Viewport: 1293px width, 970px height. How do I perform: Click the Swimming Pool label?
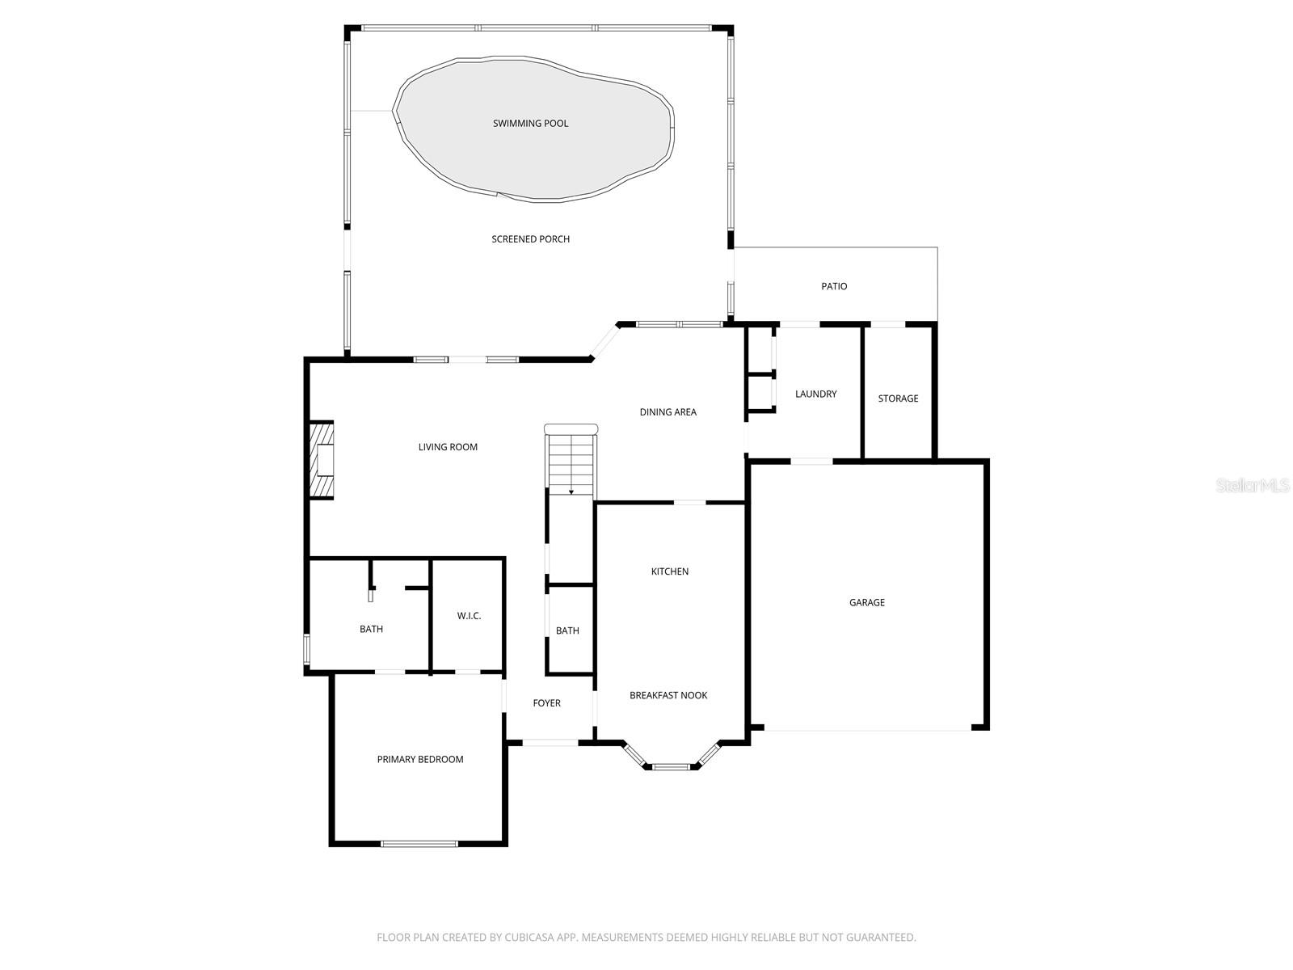(530, 124)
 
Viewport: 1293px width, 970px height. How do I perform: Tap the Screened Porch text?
(530, 239)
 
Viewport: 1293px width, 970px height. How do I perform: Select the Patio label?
(834, 286)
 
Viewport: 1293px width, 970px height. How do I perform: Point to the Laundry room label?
(815, 394)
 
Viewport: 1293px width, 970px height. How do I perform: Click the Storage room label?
(898, 399)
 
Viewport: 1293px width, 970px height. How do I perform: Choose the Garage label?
(866, 602)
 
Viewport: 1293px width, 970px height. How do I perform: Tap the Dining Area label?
(668, 412)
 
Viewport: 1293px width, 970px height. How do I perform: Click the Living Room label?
(448, 447)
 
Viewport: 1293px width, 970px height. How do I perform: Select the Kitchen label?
(670, 571)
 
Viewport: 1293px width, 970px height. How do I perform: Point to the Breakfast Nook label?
(668, 695)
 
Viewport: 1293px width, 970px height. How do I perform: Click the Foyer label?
(546, 703)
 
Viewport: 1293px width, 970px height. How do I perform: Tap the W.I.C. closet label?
(469, 616)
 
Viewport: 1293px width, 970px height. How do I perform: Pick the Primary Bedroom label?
(420, 760)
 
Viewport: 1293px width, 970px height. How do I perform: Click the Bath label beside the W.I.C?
(371, 629)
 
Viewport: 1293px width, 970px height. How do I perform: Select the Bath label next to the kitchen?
(567, 630)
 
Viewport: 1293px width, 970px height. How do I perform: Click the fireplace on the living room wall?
(322, 460)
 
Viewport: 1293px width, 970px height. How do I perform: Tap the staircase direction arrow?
(571, 491)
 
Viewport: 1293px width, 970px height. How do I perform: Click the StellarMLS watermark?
(1253, 485)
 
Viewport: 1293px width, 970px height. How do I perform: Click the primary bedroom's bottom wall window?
(419, 844)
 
